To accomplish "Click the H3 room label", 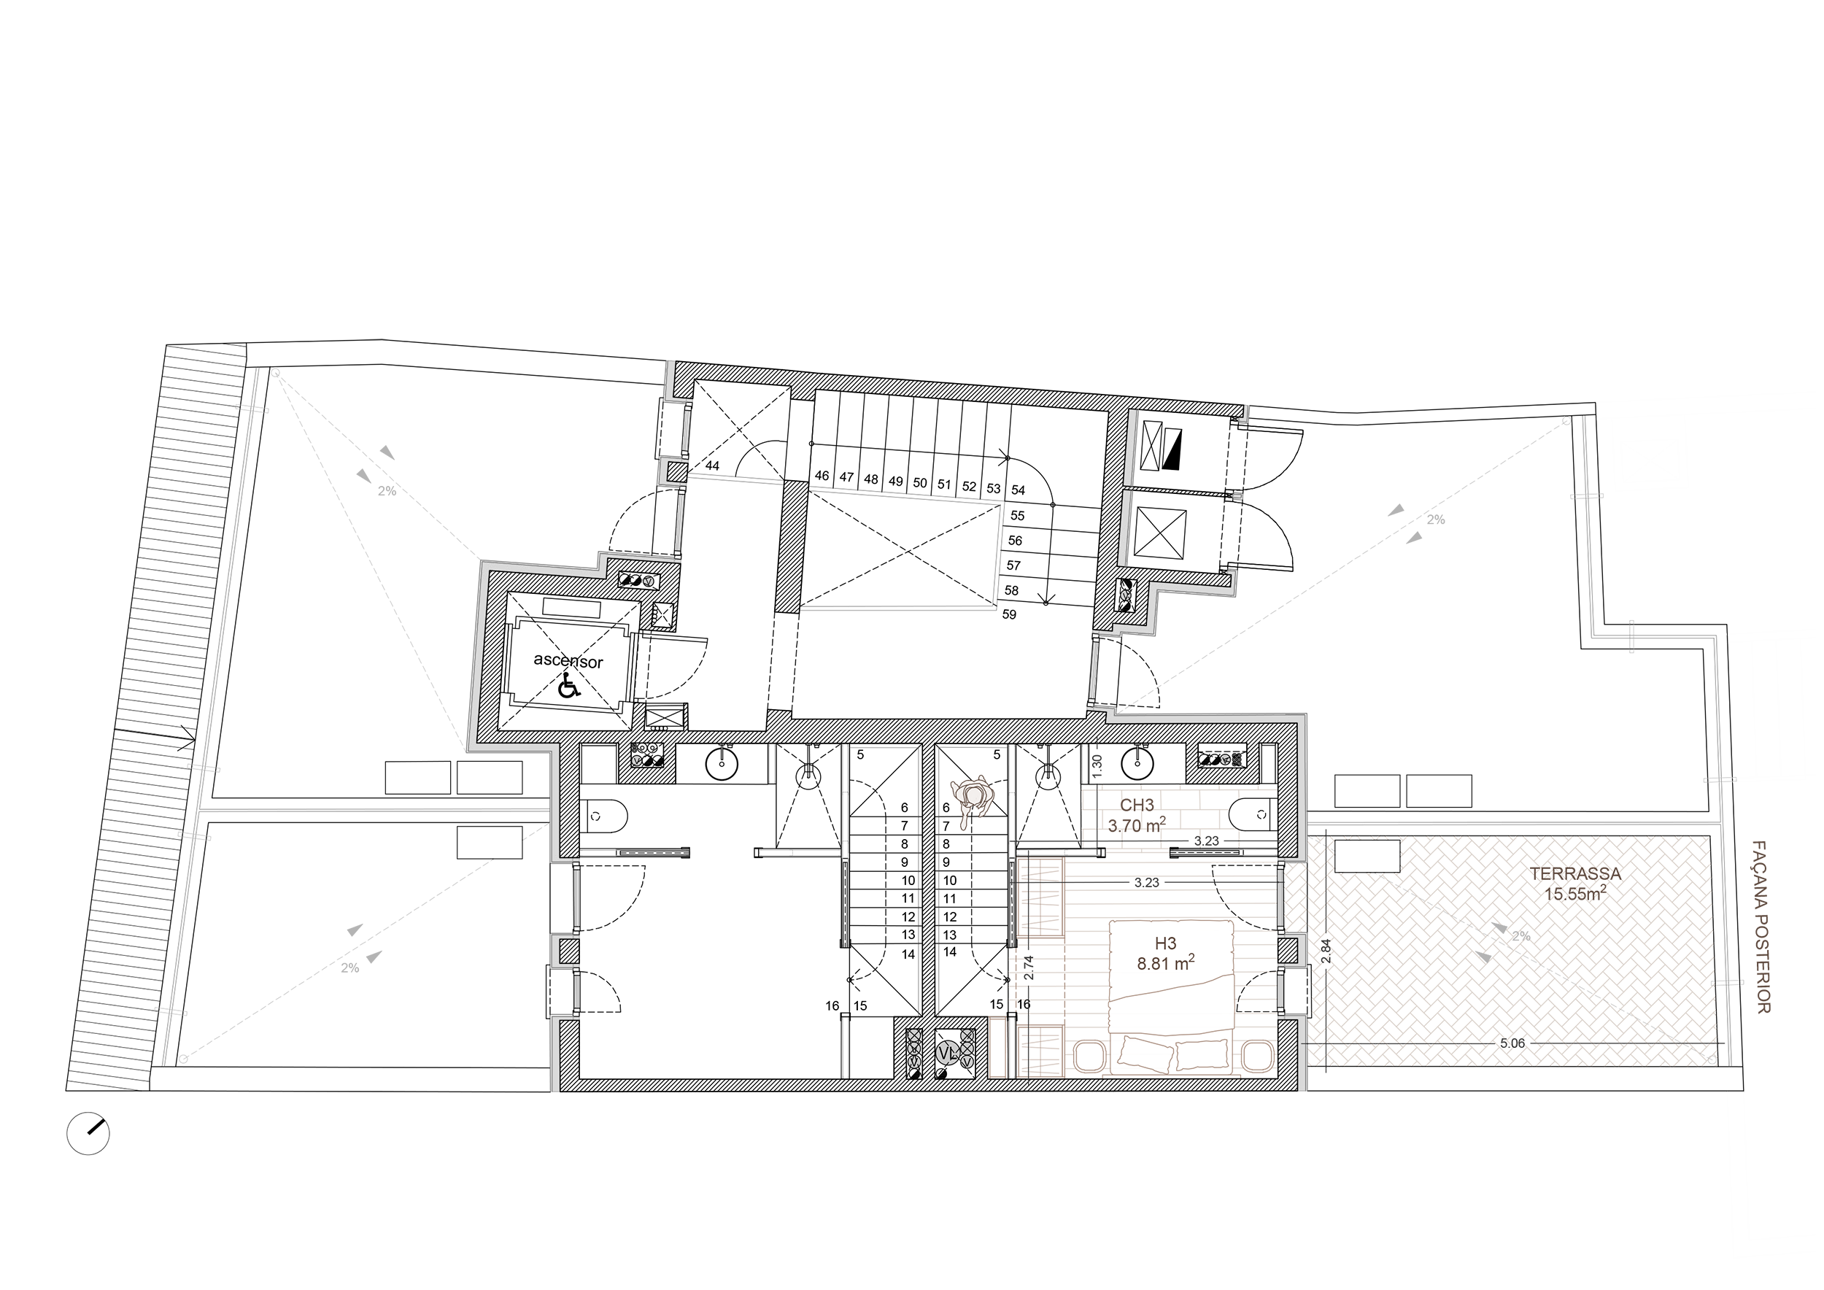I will click(x=1164, y=943).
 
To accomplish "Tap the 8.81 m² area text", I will click(x=1164, y=964).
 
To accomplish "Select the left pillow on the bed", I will click(x=1145, y=1051).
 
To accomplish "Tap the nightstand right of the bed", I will click(x=1259, y=1057).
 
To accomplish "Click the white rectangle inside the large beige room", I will click(x=1367, y=857).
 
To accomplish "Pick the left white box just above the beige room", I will click(x=1367, y=791).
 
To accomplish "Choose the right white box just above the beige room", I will click(x=1439, y=791).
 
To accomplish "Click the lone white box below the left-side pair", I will click(x=490, y=843).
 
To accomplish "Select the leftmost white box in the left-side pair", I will click(x=418, y=778).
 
